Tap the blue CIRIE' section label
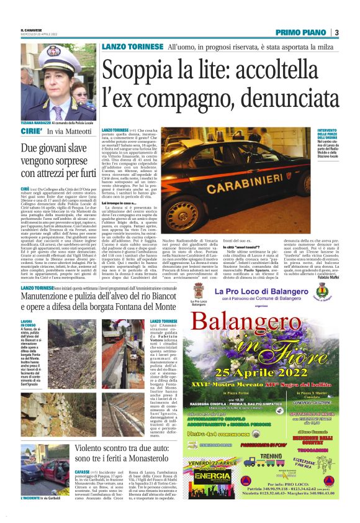point(30,132)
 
